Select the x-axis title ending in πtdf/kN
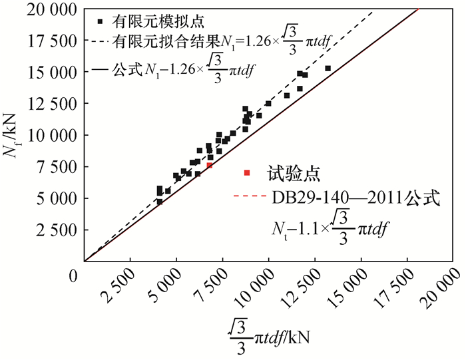click(270, 332)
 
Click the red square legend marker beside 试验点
click(248, 174)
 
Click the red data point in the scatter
click(210, 165)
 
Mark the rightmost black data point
click(328, 69)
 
